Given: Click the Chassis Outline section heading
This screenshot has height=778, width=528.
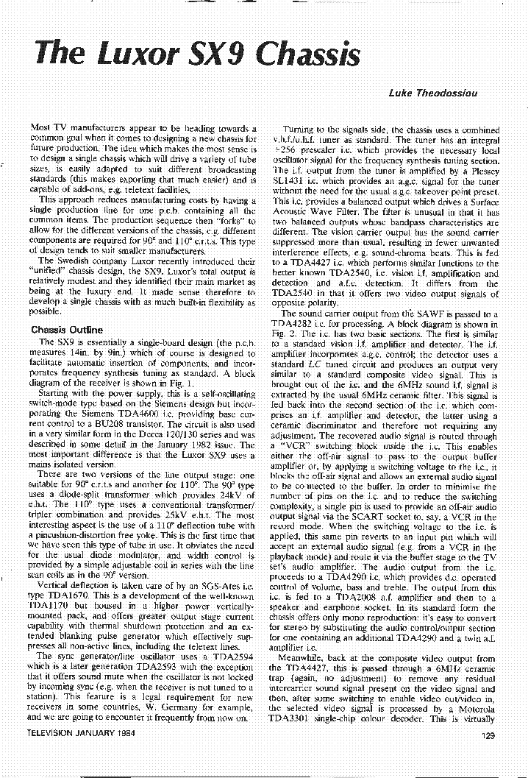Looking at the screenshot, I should tap(67, 330).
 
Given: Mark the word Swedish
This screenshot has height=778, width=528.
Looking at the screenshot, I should tap(76, 261).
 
